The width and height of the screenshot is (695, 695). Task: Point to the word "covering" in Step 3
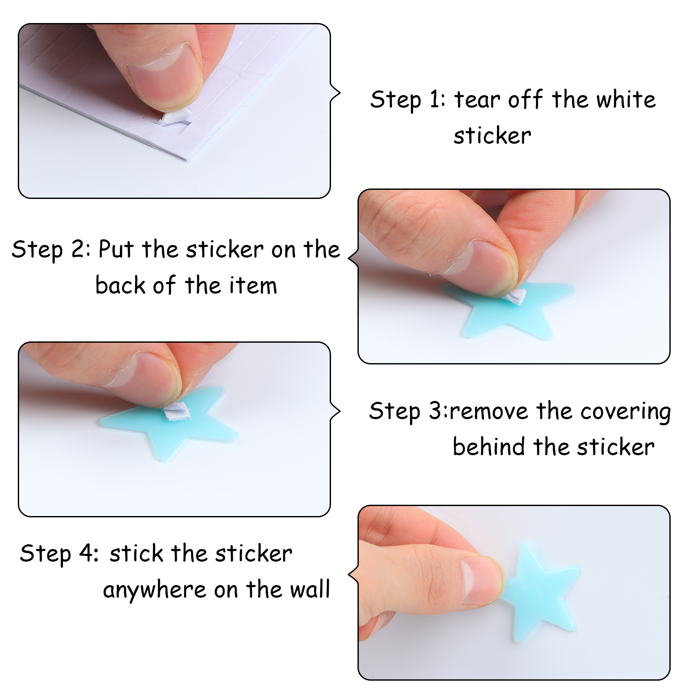(x=625, y=412)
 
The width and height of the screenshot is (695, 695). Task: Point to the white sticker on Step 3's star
(x=177, y=410)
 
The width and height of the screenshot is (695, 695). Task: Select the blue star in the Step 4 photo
(x=541, y=591)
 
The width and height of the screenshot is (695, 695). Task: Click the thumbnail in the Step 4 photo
(x=482, y=580)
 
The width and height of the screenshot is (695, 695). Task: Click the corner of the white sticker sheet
(x=188, y=160)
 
